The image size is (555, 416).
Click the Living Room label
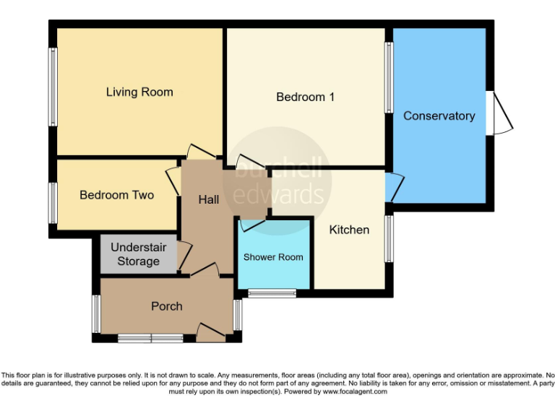(x=139, y=92)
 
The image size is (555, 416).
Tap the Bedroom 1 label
(x=305, y=97)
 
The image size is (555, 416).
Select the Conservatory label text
(x=439, y=116)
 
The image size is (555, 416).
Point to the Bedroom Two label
(x=116, y=195)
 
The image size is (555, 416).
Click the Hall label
(x=209, y=199)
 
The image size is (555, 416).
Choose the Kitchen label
(x=349, y=230)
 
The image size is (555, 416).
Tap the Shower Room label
(x=273, y=257)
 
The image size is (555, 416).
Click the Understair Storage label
(x=138, y=254)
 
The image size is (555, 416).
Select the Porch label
(x=166, y=306)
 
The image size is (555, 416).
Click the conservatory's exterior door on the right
(x=501, y=113)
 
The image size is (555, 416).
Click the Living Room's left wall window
(x=53, y=87)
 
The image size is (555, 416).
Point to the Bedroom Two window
(x=53, y=202)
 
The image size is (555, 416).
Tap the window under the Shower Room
(x=272, y=293)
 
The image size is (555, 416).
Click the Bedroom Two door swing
(x=173, y=180)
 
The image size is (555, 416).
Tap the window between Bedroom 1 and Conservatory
(x=389, y=77)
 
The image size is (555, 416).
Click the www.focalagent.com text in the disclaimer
(x=355, y=391)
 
